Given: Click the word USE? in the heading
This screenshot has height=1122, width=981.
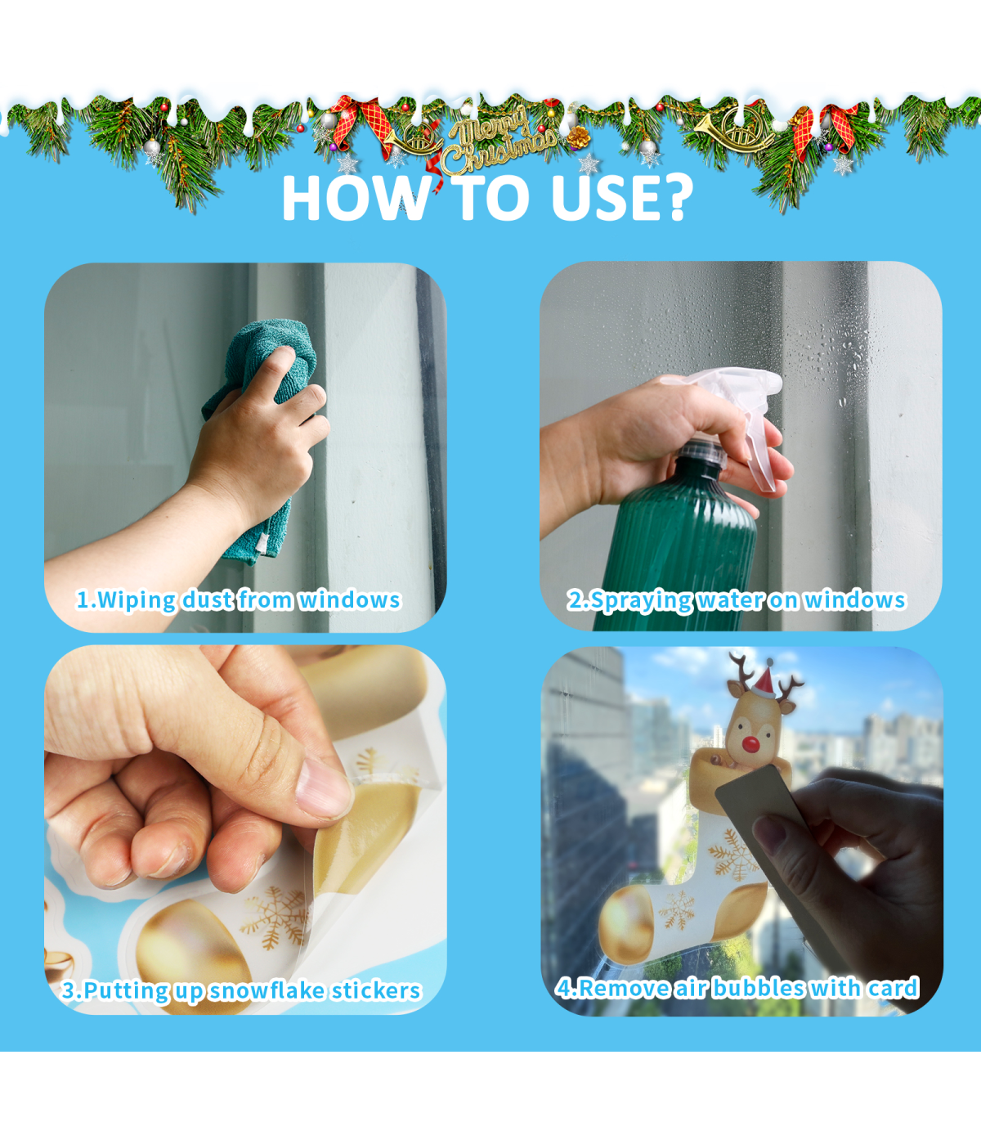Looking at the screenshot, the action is coord(622,198).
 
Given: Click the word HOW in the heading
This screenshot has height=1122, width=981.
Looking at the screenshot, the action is coord(353,198).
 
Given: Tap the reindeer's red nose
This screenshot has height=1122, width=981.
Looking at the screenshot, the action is coord(750,744).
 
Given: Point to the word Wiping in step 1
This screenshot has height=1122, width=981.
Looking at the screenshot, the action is coord(137,600).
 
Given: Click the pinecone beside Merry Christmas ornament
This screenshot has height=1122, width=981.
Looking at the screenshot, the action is coord(578,137).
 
